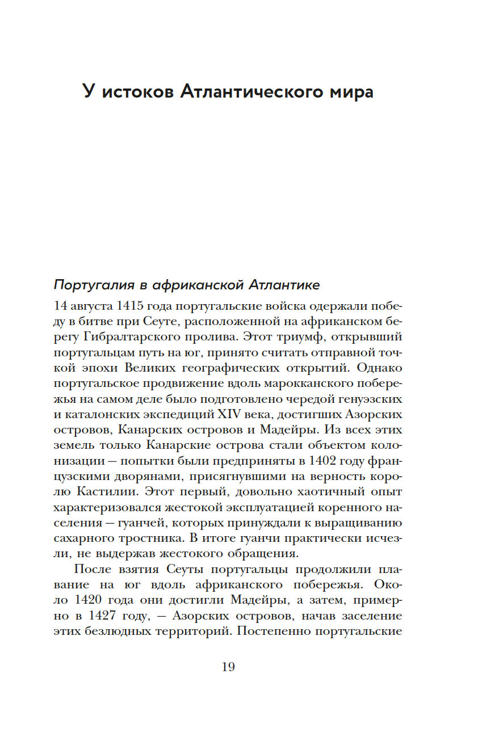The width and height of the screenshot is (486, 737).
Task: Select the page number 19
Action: (228, 667)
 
